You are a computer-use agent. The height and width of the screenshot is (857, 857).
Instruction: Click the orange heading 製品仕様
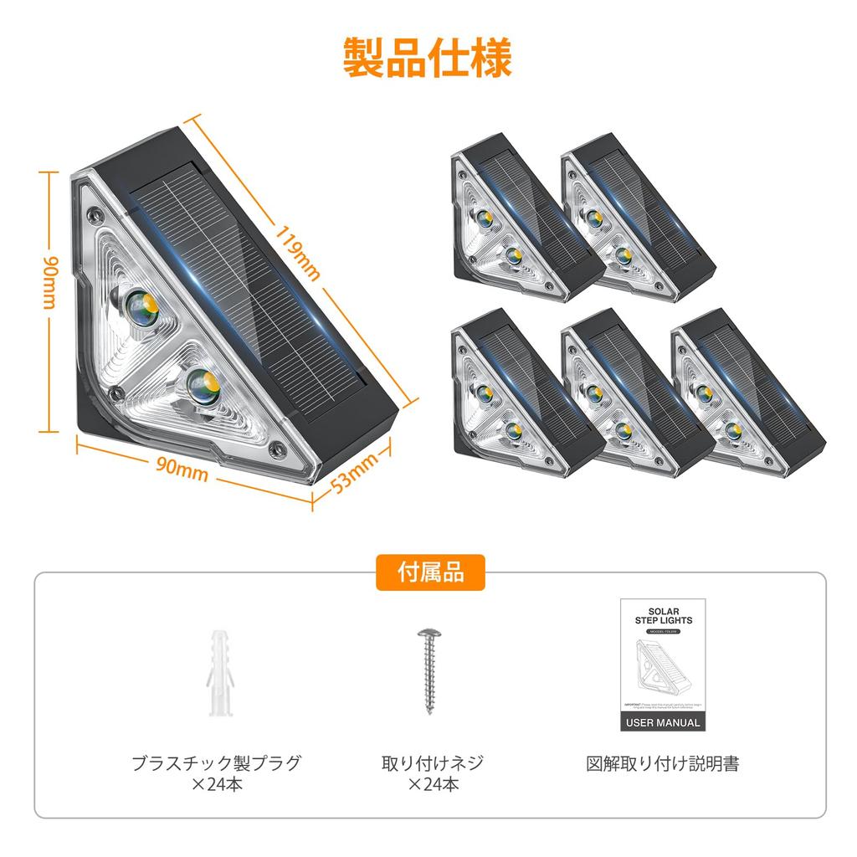(428, 58)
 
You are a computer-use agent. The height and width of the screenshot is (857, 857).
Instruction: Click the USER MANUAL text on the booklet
(660, 722)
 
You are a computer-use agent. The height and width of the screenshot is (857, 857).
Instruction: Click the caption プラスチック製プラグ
(216, 763)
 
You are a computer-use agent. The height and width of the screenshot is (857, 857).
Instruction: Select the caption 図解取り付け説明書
(661, 763)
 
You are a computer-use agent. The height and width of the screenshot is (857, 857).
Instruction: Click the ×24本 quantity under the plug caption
(216, 785)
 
